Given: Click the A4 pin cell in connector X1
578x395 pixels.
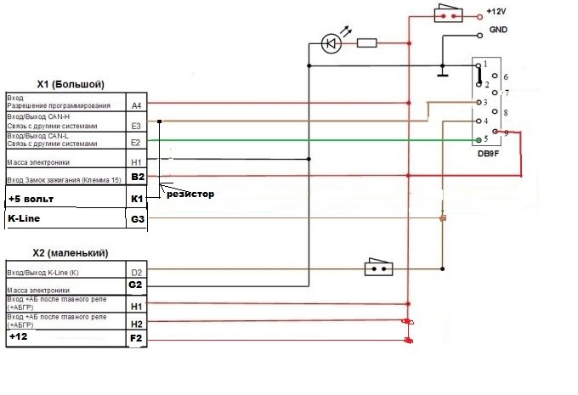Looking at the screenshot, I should (137, 105).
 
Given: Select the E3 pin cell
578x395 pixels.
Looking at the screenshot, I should (137, 124).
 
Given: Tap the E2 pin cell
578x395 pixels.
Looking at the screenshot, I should (137, 143).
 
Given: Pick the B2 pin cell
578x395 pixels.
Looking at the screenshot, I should (138, 177).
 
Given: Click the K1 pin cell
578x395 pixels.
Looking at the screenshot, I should (138, 197).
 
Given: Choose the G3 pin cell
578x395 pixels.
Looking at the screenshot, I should (138, 219).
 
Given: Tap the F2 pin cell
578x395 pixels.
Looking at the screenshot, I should (137, 339).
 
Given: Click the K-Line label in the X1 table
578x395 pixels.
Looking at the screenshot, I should (25, 218).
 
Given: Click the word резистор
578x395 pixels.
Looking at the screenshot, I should (190, 195).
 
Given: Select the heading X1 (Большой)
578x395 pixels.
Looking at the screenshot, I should (71, 84).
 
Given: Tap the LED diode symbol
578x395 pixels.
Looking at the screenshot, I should (331, 42).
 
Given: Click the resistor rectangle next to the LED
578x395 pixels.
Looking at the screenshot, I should (367, 42).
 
